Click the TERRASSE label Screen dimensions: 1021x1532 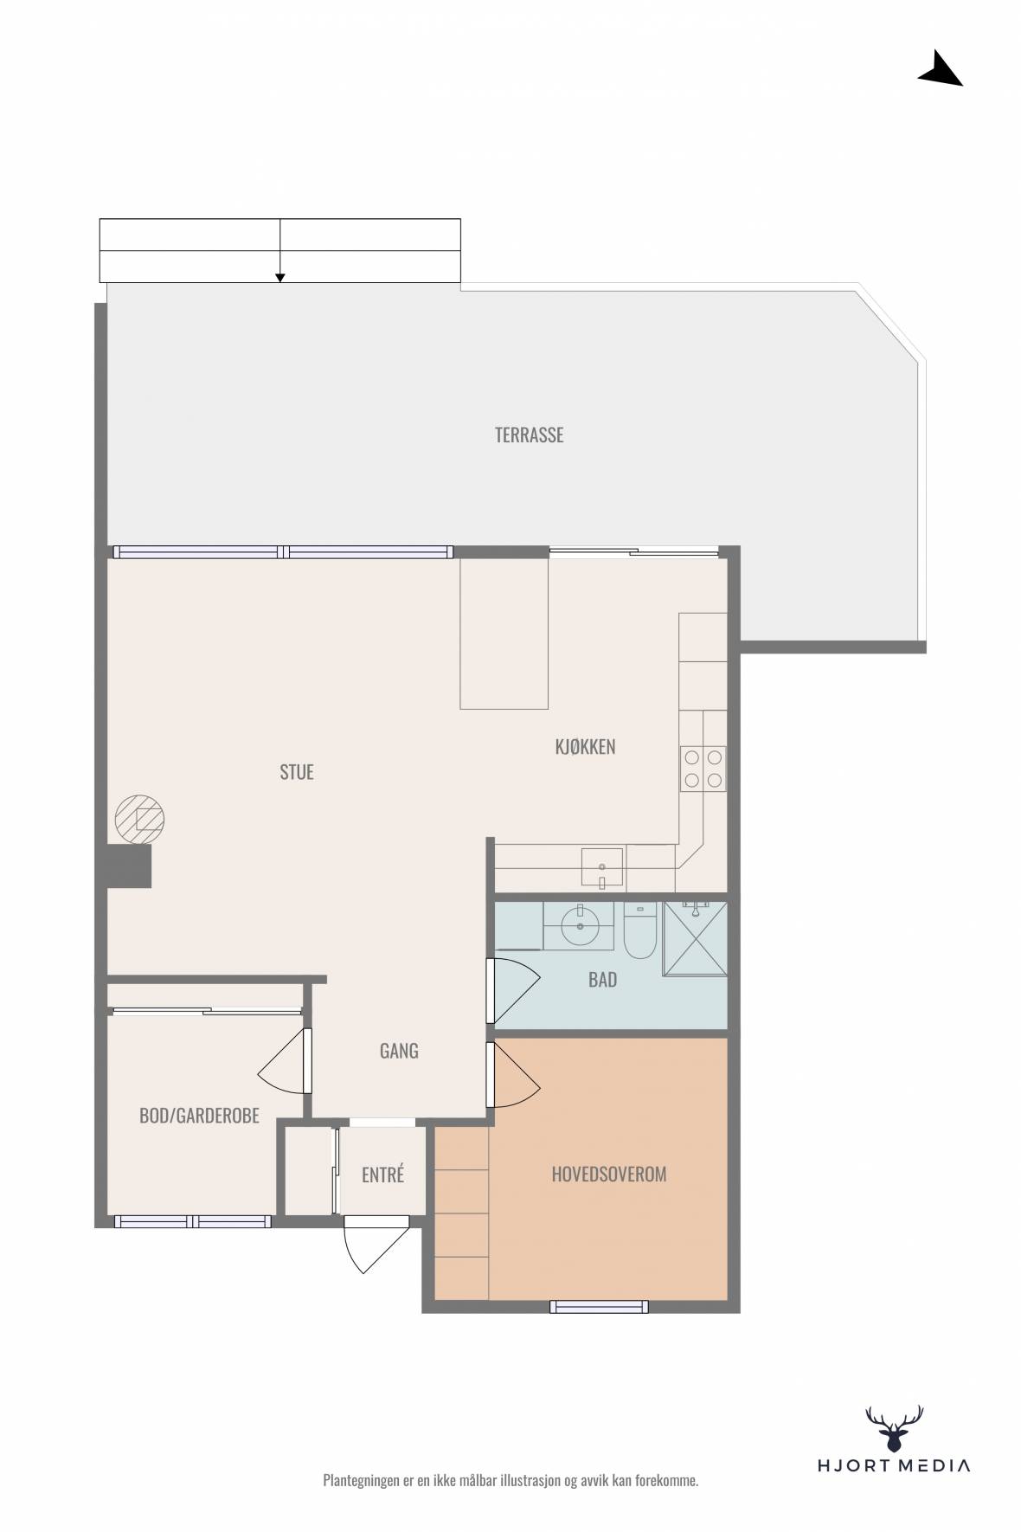tap(529, 434)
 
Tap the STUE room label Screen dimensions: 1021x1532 tap(297, 772)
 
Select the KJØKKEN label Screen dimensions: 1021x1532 tap(585, 746)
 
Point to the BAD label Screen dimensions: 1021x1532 tap(602, 980)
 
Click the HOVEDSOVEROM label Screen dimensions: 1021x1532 tap(609, 1175)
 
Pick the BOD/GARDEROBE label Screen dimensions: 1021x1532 tap(199, 1116)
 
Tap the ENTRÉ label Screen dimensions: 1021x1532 tap(382, 1175)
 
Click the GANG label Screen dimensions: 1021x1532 tap(399, 1051)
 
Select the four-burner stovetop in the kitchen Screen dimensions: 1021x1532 tap(703, 769)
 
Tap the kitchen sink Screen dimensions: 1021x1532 tap(602, 868)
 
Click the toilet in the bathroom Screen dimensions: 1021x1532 tap(641, 930)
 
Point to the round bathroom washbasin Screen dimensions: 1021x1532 tap(578, 928)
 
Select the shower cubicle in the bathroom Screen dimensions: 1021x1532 tap(695, 938)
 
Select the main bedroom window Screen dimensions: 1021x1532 tap(599, 1307)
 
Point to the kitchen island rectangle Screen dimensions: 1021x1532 tap(504, 634)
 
